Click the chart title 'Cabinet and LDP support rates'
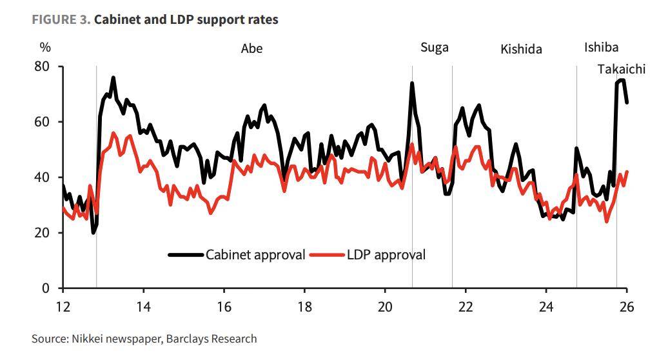coord(186,19)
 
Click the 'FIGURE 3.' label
coord(61,19)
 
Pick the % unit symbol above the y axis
coord(45,47)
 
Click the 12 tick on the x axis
coord(63,306)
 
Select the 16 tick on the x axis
coord(224,306)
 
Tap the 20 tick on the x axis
coord(385,306)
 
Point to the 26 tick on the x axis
coord(626,306)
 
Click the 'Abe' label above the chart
coord(251,49)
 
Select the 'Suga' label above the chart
coord(434,48)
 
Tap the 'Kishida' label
coord(521,50)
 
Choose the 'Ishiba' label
coord(601,47)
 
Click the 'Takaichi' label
coord(621,70)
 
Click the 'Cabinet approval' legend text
coord(255,255)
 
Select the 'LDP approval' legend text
coord(387,255)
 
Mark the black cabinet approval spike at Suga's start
coord(412,84)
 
